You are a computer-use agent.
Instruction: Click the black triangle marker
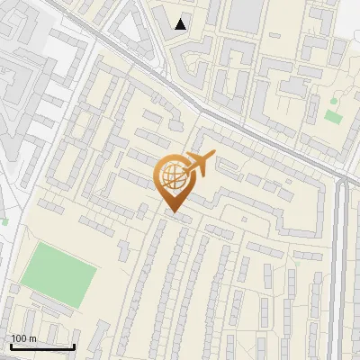coord(181,24)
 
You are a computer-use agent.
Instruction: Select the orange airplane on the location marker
coord(200,163)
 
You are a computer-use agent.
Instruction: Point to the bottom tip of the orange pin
coord(174,213)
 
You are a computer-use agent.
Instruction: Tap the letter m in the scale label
coord(32,338)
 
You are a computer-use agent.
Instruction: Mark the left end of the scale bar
coord(10,346)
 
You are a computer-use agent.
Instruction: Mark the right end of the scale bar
coord(74,346)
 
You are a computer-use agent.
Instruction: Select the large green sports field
coord(58,271)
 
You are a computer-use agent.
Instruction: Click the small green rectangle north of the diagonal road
coord(333,117)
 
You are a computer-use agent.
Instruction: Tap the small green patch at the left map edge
coord(4,220)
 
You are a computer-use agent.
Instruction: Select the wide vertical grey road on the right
coord(341,270)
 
